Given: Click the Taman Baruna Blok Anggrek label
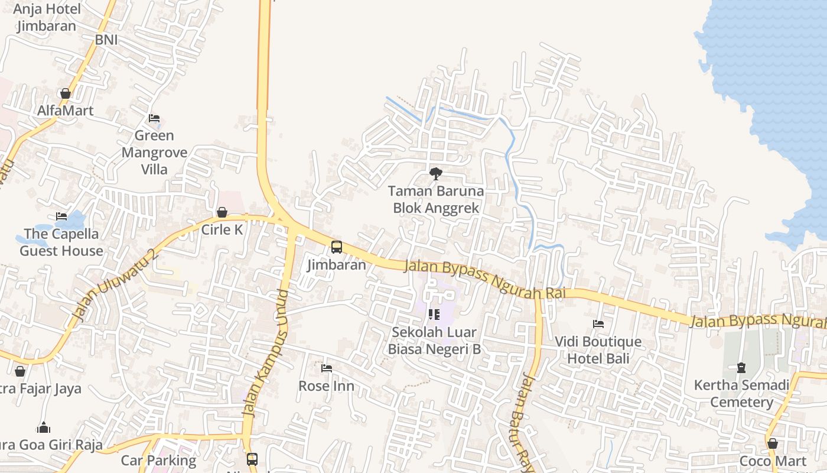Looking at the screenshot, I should coord(436,200).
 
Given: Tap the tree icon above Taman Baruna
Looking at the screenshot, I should coord(436,173).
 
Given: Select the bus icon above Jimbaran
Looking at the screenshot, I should coord(337,247).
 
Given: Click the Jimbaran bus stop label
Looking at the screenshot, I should coord(337,265).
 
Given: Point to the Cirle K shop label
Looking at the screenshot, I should coord(222,230).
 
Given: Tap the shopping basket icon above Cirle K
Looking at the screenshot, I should coord(222,212).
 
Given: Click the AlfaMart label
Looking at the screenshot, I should coord(66,111).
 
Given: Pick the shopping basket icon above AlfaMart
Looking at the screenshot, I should coord(66,93).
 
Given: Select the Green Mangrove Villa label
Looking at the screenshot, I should coord(154,153).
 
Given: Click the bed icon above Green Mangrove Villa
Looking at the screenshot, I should coord(154,118).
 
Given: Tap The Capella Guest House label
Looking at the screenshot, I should coord(61,242).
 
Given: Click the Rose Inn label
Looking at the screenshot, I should coord(327,386).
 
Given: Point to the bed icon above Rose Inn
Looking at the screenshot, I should coord(327,368).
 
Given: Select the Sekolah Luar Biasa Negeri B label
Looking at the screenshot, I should coord(434,341).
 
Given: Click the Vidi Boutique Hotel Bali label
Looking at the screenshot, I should coord(598,350).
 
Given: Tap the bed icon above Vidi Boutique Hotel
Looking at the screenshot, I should coord(598,324).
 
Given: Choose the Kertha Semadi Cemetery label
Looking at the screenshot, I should coord(741,394).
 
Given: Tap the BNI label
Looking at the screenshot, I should coord(106,40).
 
